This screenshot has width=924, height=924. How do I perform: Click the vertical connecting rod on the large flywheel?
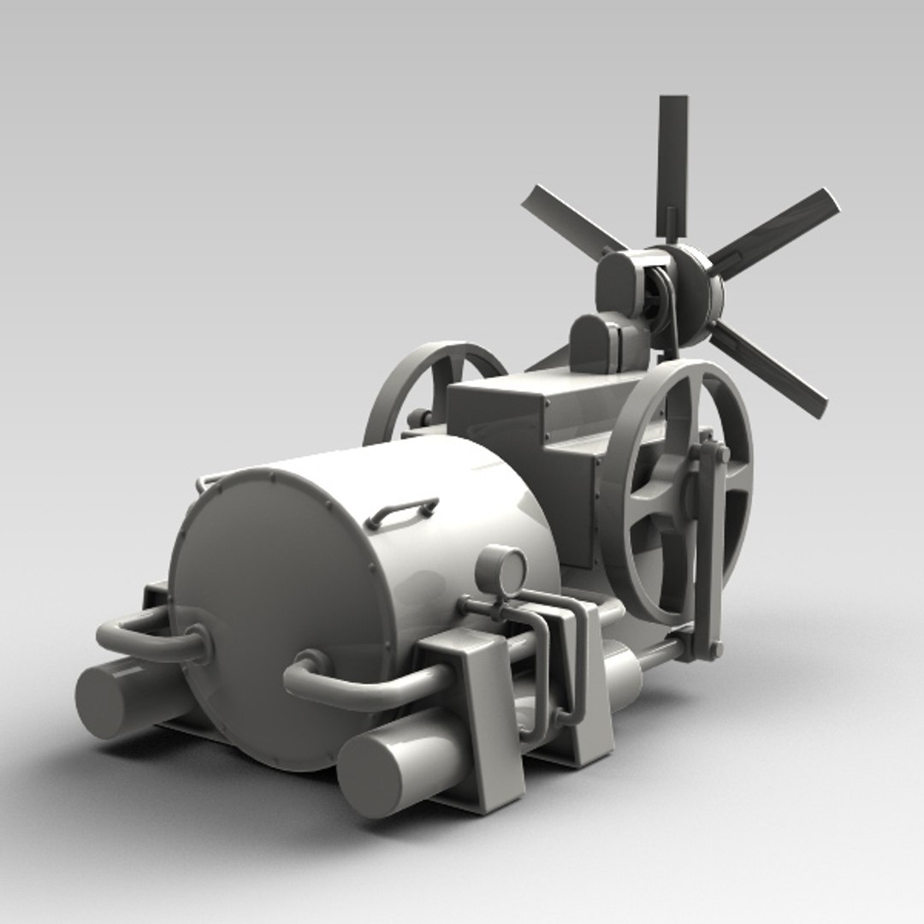point(707,548)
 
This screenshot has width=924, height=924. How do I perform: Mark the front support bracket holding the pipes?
point(488,719)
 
